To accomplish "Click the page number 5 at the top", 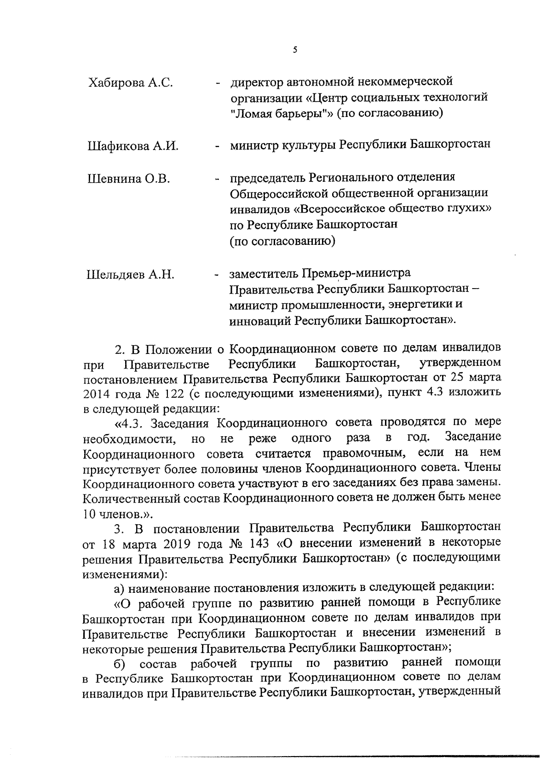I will pos(294,50).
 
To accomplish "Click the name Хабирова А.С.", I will pos(130,83).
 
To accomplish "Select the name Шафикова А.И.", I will pos(132,146).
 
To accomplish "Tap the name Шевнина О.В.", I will pos(129,179).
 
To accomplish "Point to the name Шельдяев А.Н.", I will pos(131,275).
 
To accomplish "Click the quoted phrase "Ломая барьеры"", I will pos(282,113).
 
